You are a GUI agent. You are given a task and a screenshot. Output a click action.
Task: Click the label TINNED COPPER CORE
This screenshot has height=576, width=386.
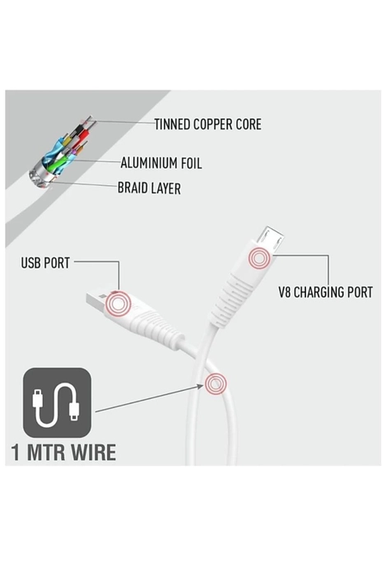(x=208, y=124)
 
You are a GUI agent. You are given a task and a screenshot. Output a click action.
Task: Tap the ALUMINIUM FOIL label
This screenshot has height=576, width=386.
(x=161, y=163)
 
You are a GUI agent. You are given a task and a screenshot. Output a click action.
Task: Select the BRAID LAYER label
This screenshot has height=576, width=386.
(x=149, y=188)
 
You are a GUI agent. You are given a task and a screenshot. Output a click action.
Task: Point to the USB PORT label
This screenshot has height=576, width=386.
(x=45, y=263)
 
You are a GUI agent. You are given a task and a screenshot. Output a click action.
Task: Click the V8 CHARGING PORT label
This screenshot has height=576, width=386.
(x=325, y=292)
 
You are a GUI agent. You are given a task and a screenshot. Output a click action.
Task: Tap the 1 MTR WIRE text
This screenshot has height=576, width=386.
(x=63, y=453)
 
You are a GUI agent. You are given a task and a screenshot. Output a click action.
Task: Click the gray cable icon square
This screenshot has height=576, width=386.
(x=57, y=402)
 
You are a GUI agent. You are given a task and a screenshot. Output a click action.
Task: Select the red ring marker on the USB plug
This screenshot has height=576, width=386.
(x=118, y=304)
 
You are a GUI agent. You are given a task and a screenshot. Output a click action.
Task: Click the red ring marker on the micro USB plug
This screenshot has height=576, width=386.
(x=259, y=259)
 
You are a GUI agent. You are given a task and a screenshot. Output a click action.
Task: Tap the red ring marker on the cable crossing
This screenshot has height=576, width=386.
(x=216, y=384)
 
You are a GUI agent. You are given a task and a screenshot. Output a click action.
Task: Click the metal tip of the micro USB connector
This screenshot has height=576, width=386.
(x=270, y=239)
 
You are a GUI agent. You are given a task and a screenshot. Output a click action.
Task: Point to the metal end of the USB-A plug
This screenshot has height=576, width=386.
(x=97, y=298)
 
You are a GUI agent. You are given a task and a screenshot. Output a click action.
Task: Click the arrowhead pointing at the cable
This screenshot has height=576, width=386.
(x=200, y=386)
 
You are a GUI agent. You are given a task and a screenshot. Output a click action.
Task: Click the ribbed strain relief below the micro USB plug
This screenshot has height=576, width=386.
(x=228, y=298)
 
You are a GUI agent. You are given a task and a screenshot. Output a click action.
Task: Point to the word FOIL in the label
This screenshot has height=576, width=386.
(x=190, y=163)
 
